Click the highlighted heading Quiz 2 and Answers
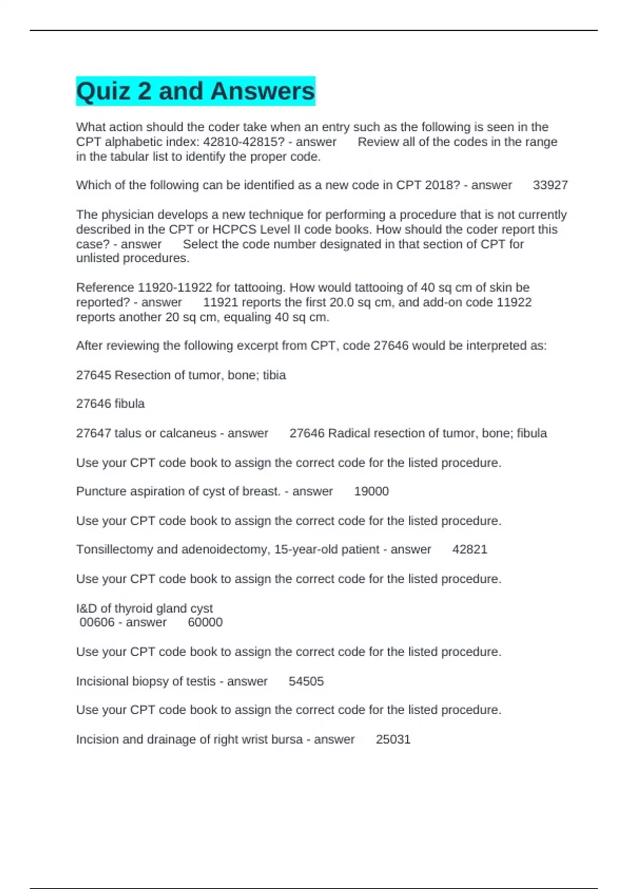coord(195,91)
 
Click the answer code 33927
coord(550,185)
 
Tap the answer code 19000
coord(372,492)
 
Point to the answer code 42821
coord(469,550)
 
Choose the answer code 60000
coord(205,622)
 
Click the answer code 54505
coord(306,681)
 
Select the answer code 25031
coord(393,739)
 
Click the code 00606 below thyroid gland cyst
coord(97,622)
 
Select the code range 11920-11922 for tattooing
coord(175,288)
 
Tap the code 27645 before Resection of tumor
coord(93,375)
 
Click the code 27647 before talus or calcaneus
coord(93,434)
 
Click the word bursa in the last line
coord(289,739)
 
